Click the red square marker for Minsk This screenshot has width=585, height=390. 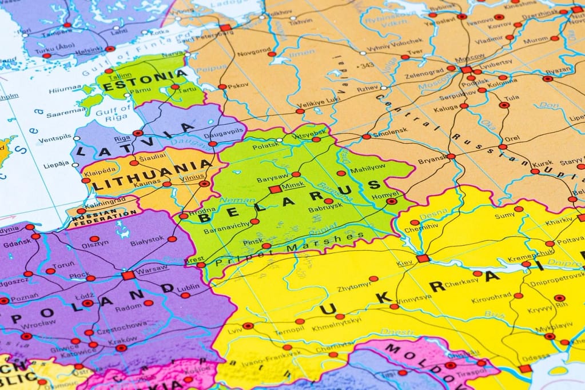tap(276, 189)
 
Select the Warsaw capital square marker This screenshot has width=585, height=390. tap(128, 275)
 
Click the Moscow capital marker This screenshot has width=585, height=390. tap(466, 70)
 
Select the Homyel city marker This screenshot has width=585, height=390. tap(392, 201)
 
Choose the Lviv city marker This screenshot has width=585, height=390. tap(248, 326)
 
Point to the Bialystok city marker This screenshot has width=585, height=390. tap(172, 239)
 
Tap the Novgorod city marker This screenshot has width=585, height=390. tap(272, 54)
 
